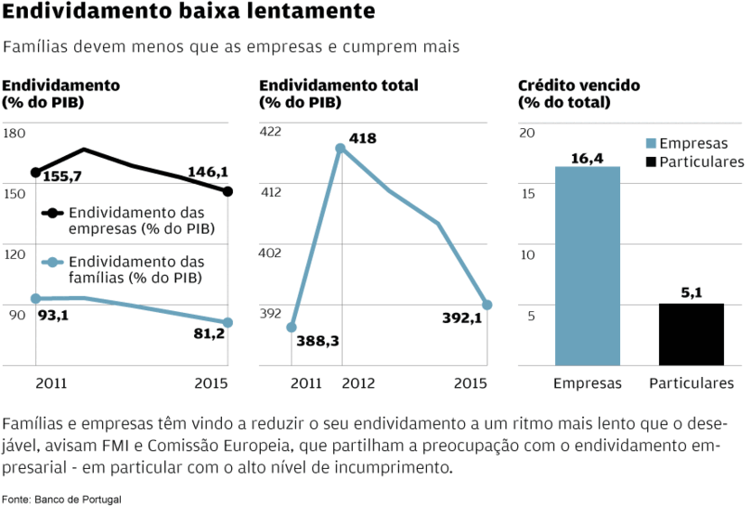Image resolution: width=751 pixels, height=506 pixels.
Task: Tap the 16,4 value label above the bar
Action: point(588,158)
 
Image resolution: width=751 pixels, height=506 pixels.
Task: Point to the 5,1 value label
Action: point(691,293)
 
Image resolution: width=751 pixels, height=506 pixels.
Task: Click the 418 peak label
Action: point(363,139)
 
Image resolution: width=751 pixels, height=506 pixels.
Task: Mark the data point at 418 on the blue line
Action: point(340,149)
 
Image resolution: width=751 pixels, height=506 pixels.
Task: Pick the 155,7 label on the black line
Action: point(62,177)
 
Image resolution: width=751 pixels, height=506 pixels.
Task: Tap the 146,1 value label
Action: point(208,171)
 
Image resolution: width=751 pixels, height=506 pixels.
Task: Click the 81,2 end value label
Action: point(208,334)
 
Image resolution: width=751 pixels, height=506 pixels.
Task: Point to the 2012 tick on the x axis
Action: point(358,383)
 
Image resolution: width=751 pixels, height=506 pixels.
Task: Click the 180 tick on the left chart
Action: point(14,133)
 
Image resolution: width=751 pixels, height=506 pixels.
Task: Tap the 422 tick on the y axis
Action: point(271,132)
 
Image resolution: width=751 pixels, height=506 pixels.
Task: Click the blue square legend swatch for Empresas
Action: point(652,143)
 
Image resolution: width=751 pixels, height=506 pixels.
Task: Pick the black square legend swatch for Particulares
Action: point(652,161)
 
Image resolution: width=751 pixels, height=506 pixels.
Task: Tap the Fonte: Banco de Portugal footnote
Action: point(61,499)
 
